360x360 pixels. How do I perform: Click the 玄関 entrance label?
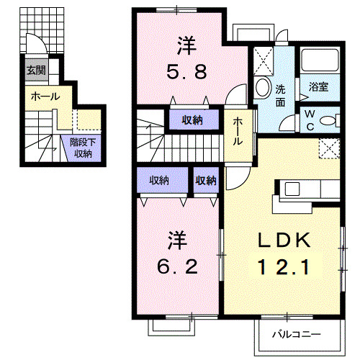[36, 70]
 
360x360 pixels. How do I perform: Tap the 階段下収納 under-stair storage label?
[83, 148]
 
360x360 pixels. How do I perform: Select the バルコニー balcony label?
[297, 334]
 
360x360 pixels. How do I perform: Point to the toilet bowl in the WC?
[327, 120]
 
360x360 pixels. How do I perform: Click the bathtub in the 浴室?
[320, 60]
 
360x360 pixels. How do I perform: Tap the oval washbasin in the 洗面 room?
[263, 87]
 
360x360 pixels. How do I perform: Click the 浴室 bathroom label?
[318, 86]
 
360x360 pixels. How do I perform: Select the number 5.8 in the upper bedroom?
[186, 72]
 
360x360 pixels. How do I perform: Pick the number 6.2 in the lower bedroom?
[178, 266]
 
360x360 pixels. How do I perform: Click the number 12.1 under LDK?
[284, 267]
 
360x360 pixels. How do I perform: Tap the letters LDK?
[284, 240]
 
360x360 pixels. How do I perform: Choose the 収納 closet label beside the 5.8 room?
[192, 120]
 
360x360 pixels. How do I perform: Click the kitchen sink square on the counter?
[292, 189]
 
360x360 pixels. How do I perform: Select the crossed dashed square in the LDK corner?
[329, 148]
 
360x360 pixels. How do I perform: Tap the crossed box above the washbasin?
[264, 61]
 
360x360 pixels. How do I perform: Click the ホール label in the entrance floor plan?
[45, 96]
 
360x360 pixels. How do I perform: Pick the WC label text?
[310, 120]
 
